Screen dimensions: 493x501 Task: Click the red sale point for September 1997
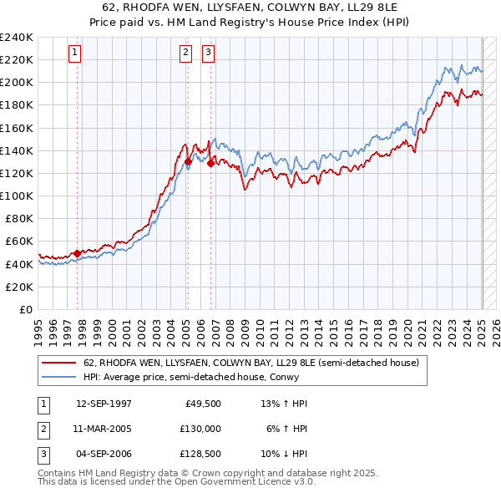(77, 252)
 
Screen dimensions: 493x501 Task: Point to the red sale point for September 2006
(210, 163)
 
